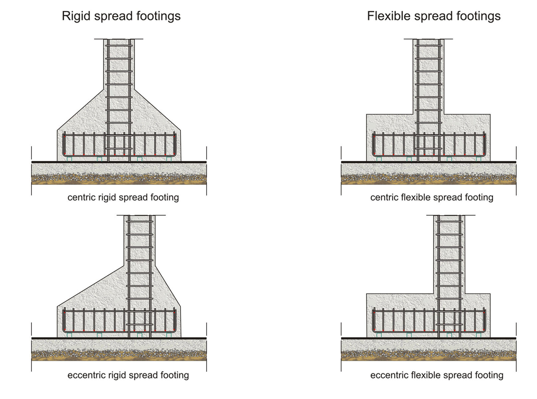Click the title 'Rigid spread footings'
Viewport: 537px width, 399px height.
click(x=121, y=16)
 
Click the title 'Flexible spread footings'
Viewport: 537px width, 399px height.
click(x=434, y=16)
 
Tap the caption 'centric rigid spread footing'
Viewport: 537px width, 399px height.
click(x=123, y=197)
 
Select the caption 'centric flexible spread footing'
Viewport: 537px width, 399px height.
click(x=432, y=197)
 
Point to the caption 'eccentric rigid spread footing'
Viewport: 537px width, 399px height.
click(x=128, y=375)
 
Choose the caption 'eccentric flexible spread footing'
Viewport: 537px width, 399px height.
click(x=437, y=375)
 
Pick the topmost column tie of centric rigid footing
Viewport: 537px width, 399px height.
click(x=119, y=46)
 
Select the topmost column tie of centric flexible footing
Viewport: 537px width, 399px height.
click(x=429, y=46)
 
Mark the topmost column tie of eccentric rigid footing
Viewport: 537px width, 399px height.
click(x=139, y=222)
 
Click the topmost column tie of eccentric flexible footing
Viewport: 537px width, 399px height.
click(x=449, y=222)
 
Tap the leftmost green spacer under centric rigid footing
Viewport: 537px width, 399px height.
click(x=69, y=159)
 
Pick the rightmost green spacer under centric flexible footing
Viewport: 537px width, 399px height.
click(x=478, y=159)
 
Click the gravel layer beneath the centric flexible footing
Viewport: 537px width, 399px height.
click(x=429, y=176)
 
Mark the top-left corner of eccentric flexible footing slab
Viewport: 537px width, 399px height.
click(x=366, y=294)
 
